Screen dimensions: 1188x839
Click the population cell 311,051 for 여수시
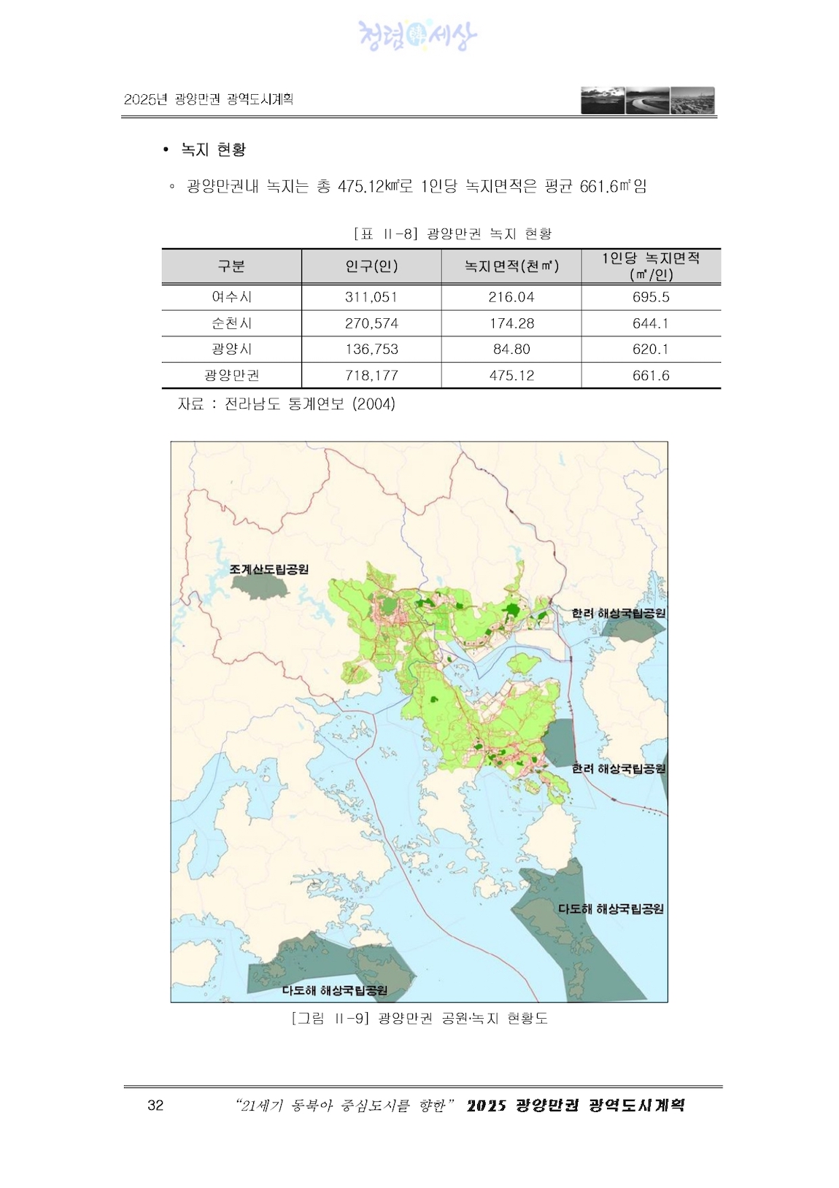pos(371,297)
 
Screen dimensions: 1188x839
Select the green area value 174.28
pos(511,323)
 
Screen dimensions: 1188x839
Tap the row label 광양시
pos(231,350)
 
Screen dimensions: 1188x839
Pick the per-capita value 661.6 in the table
pos(651,376)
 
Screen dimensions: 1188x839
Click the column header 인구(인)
pos(371,266)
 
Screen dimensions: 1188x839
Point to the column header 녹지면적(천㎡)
pos(511,266)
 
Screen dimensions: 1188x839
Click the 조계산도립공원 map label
pos(269,569)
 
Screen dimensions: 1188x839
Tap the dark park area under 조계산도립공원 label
pos(259,587)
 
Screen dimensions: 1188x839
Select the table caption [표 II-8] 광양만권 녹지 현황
pos(452,234)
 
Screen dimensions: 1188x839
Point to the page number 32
pos(155,1105)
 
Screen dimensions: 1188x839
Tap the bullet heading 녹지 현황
pos(213,150)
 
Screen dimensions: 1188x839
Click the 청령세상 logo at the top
pos(418,35)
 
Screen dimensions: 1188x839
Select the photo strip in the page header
pos(648,101)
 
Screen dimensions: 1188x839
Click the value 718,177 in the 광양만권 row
pos(371,376)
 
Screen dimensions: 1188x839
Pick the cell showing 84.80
pos(511,350)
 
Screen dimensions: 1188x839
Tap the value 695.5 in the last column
pos(651,297)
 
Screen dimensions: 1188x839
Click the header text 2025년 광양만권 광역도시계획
pos(209,99)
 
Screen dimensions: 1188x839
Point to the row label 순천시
pos(231,323)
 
